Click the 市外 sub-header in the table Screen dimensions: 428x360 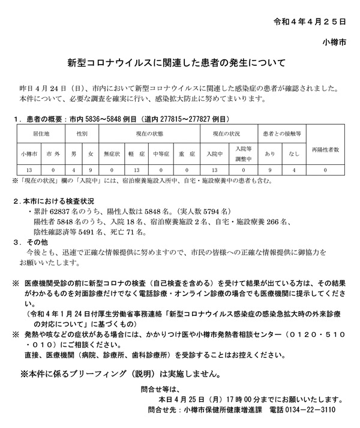coord(52,153)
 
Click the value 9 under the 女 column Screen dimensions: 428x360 coord(90,170)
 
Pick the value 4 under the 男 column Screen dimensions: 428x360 coord(73,170)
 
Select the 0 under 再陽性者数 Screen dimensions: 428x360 coord(325,170)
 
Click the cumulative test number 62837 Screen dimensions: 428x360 coord(62,212)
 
